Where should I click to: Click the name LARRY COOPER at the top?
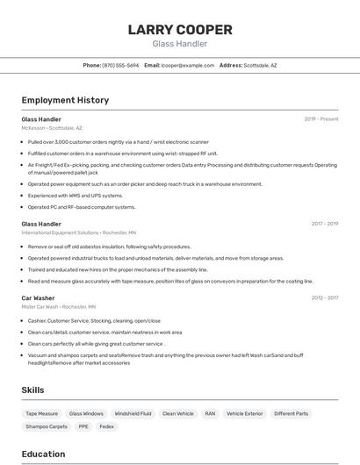[x=180, y=30]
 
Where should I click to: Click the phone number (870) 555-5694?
[x=120, y=65]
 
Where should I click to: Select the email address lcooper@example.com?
[x=188, y=65]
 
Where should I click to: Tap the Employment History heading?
[x=65, y=100]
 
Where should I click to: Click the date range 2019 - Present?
[x=320, y=118]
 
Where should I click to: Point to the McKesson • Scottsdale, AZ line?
[x=52, y=127]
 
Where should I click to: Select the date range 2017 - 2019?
[x=324, y=224]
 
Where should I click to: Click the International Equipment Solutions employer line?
[x=79, y=232]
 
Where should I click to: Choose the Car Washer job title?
[x=38, y=298]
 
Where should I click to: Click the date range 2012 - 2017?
[x=324, y=298]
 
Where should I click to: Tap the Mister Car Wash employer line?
[x=59, y=307]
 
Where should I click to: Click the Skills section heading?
[x=33, y=390]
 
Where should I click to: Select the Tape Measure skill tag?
[x=41, y=413]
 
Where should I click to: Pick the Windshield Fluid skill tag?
[x=133, y=413]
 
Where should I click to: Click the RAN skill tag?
[x=210, y=413]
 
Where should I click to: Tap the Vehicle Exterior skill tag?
[x=244, y=413]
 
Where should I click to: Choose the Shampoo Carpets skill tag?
[x=47, y=426]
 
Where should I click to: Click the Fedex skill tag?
[x=106, y=426]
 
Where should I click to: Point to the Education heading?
[x=43, y=454]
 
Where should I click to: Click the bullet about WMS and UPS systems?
[x=76, y=196]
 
